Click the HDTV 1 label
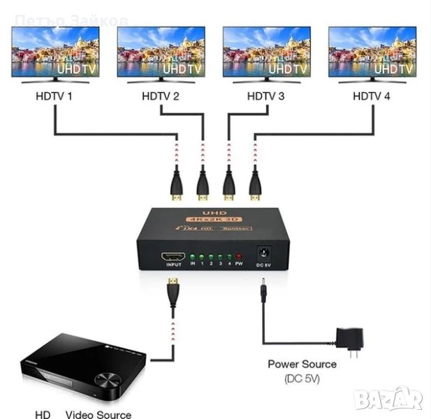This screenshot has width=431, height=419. [54, 96]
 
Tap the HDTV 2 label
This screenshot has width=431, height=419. [161, 96]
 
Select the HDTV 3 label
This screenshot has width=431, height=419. [266, 96]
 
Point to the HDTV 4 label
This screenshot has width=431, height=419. [372, 96]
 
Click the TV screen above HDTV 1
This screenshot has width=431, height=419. [55, 52]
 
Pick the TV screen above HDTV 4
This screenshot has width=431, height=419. [372, 52]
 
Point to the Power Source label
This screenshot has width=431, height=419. [302, 364]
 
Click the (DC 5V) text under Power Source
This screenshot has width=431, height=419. [302, 378]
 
